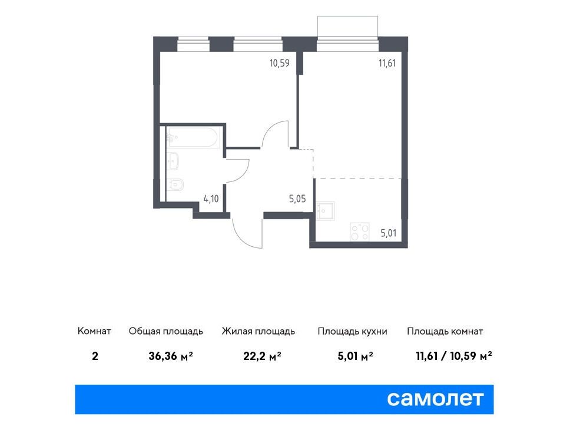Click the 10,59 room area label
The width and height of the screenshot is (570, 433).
tap(279, 63)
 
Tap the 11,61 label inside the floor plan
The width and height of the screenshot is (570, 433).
tap(387, 63)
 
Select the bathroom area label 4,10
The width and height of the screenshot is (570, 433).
tap(211, 199)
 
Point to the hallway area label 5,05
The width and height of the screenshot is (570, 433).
tap(297, 199)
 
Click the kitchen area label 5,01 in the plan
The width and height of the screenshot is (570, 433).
tap(388, 233)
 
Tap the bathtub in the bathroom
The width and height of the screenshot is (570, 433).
tap(193, 137)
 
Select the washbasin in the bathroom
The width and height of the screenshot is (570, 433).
tap(173, 161)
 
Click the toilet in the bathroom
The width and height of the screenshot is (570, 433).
tap(175, 185)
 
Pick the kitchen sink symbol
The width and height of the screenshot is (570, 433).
tap(325, 211)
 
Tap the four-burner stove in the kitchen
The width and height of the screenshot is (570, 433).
tap(360, 232)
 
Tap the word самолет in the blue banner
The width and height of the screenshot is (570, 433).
tap(435, 398)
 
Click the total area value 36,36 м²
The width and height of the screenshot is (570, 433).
tap(171, 356)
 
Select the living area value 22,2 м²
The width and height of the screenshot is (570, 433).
tap(262, 356)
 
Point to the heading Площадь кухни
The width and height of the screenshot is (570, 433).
tap(352, 331)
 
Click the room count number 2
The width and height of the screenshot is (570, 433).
tap(95, 356)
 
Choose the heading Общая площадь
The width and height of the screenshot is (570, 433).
tap(166, 331)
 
